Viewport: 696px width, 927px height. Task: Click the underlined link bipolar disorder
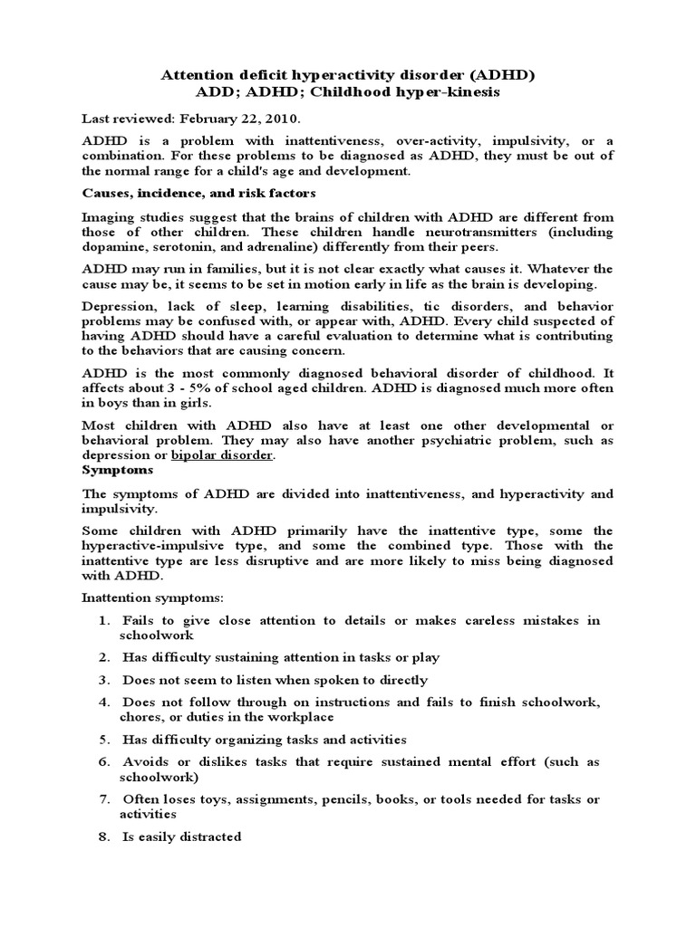pyautogui.click(x=222, y=454)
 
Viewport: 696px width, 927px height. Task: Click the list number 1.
pyautogui.click(x=104, y=620)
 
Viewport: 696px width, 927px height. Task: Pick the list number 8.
pyautogui.click(x=104, y=836)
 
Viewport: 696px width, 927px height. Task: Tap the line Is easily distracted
pyautogui.click(x=182, y=836)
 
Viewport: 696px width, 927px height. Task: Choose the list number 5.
pyautogui.click(x=104, y=739)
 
